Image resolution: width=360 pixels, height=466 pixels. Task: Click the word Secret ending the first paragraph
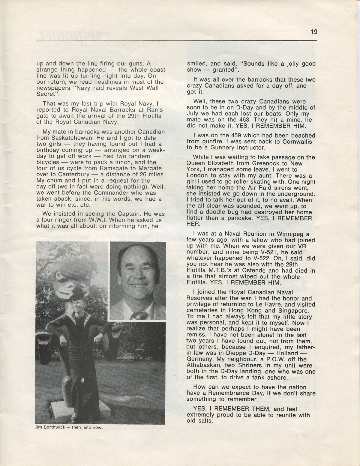pos(46,94)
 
